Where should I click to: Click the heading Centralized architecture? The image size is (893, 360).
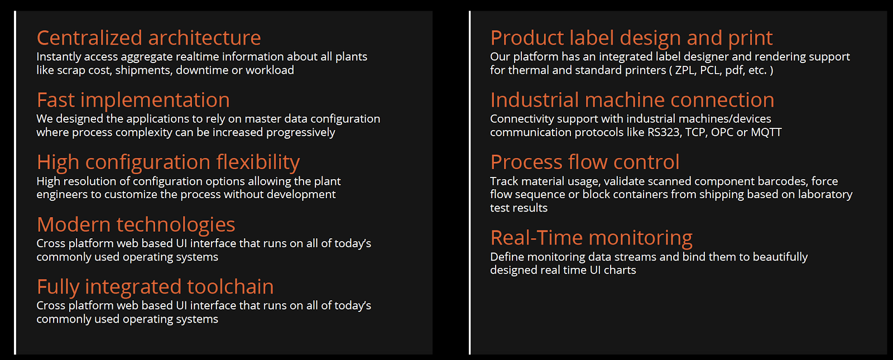click(x=148, y=38)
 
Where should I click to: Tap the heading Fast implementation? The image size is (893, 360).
click(x=133, y=100)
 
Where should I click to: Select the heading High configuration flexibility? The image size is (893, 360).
click(x=168, y=162)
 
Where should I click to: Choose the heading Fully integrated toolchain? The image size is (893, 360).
click(x=155, y=287)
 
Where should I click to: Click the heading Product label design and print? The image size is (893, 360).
click(x=631, y=39)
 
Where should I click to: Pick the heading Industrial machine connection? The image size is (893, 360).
click(x=632, y=100)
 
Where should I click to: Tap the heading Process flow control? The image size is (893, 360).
click(x=585, y=162)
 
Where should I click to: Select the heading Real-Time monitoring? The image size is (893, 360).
click(x=591, y=238)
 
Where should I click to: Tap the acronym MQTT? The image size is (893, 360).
click(x=766, y=132)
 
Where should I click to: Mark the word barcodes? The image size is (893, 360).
click(x=782, y=181)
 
